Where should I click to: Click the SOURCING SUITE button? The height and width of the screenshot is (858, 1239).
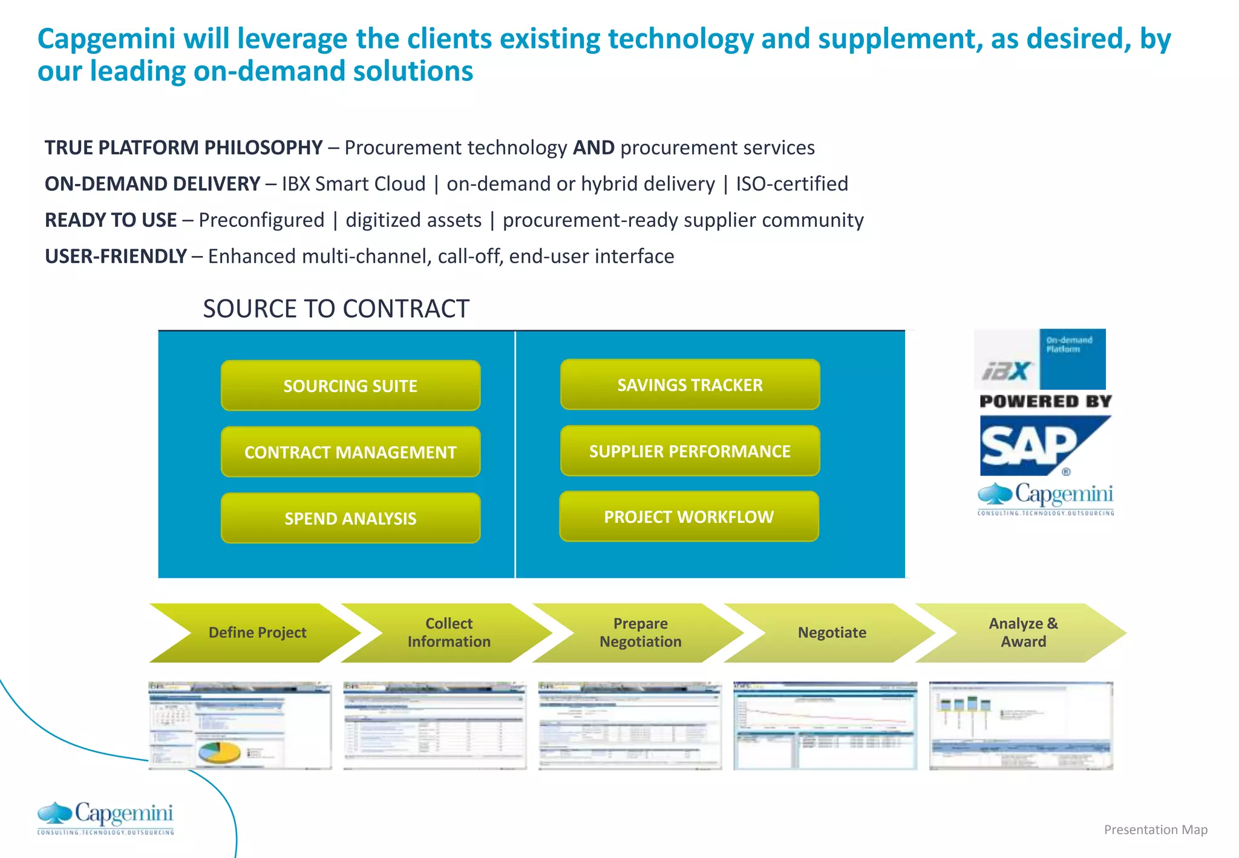point(350,385)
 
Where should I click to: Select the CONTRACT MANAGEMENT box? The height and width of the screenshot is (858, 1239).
point(350,452)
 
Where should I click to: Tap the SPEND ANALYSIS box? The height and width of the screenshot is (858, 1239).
point(350,518)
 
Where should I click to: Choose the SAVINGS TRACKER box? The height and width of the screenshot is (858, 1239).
point(690,385)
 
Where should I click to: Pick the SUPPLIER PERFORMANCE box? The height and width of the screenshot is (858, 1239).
point(690,451)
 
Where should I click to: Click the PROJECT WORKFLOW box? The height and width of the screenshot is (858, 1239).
point(688,517)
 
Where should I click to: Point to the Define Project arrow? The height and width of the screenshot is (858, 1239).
point(257,632)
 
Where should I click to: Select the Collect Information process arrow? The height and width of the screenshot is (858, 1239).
point(449,632)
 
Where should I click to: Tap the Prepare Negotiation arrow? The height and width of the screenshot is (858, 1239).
point(640,632)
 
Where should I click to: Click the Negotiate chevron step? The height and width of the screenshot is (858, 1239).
point(832,632)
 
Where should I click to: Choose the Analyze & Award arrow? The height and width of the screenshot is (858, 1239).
point(1023,632)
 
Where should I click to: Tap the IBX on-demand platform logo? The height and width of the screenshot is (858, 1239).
point(1039,359)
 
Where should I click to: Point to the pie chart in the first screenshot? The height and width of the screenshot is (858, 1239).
point(218,753)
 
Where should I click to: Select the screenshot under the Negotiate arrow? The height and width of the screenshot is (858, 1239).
point(825,725)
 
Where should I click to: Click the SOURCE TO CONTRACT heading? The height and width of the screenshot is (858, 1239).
point(336,309)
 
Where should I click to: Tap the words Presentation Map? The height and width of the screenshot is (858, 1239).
point(1156,830)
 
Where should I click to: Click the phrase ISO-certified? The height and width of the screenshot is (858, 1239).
point(792,183)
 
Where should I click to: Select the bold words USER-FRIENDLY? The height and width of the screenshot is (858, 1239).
point(116,256)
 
